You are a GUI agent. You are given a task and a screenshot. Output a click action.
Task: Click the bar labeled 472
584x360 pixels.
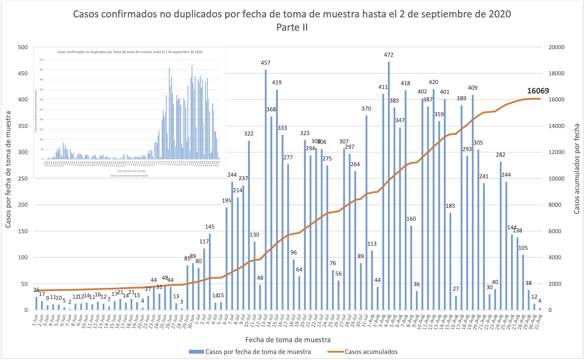pos(389,185)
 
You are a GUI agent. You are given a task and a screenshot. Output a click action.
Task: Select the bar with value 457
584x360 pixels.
pos(266,189)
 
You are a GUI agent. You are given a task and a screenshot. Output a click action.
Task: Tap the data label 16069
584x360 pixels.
pos(538,91)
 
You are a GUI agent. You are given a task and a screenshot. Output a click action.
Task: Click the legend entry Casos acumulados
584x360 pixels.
pos(371,352)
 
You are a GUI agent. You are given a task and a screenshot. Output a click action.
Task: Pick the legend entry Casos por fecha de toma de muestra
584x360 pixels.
pos(258,352)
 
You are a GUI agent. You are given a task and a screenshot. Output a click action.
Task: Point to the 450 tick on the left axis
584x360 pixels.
pos(23,73)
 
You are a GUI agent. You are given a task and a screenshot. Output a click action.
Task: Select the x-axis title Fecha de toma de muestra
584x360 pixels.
pos(288,340)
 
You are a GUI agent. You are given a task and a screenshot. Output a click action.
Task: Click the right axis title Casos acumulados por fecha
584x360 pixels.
pos(577,169)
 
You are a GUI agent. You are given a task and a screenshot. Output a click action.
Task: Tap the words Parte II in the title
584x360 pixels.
pos(292,27)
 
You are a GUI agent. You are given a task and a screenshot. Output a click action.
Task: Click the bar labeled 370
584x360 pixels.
pos(366,212)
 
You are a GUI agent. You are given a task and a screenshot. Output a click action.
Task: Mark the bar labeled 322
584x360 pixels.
pos(249,225)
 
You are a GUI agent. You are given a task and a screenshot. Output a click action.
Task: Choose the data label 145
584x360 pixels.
pos(210,227)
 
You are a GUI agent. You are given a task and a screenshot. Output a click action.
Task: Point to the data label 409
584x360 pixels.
pos(472,88)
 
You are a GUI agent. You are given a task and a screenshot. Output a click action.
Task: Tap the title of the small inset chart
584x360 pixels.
pos(129,52)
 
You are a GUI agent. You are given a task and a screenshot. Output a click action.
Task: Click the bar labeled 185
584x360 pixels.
pos(450,261)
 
